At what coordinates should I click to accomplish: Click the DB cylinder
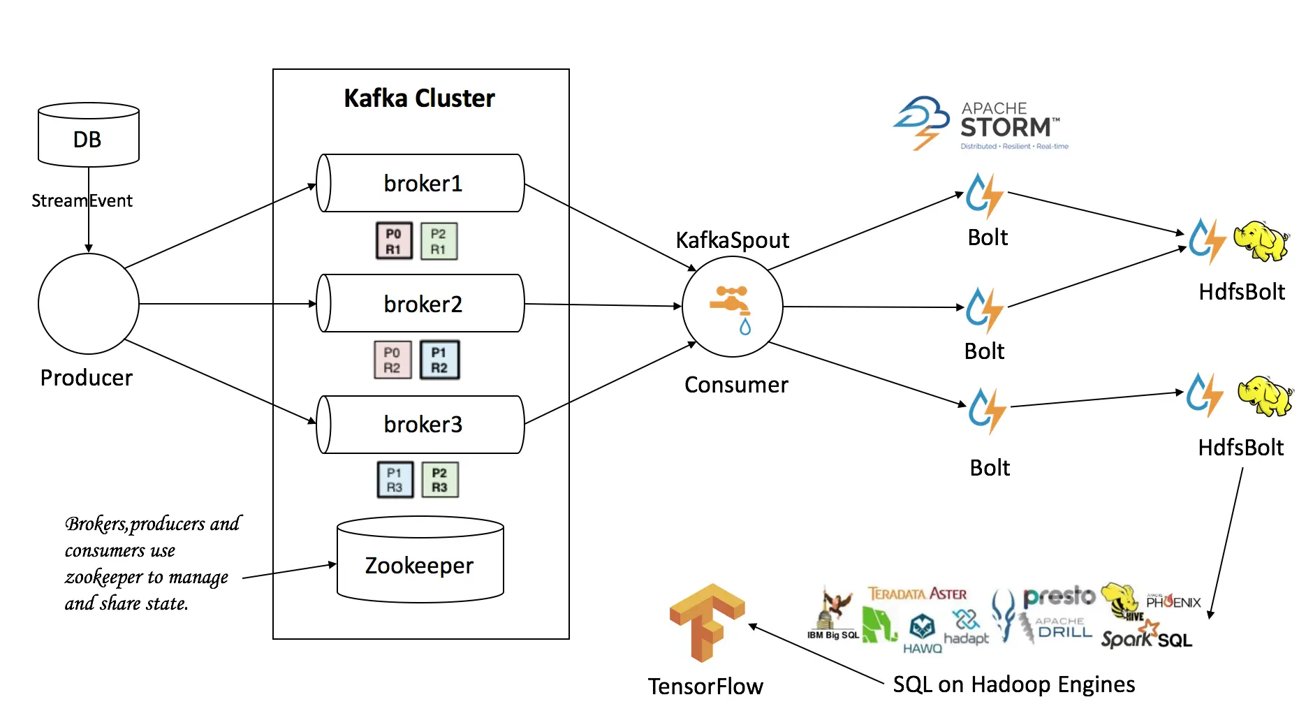(88, 135)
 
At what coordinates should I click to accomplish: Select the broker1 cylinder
(421, 183)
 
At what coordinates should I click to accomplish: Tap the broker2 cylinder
(421, 304)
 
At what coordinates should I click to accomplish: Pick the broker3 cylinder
(421, 424)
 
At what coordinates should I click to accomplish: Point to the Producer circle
(89, 304)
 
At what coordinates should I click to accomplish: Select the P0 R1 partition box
(394, 241)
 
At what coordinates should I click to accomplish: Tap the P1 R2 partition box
(439, 360)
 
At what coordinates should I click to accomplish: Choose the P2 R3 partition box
(439, 480)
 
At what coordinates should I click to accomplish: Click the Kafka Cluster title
(419, 98)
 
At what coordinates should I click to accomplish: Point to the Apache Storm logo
(981, 124)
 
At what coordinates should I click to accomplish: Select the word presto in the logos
(1059, 596)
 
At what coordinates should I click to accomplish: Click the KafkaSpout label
(732, 240)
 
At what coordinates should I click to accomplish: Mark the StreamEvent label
(82, 201)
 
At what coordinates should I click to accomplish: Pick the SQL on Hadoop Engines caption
(1013, 684)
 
